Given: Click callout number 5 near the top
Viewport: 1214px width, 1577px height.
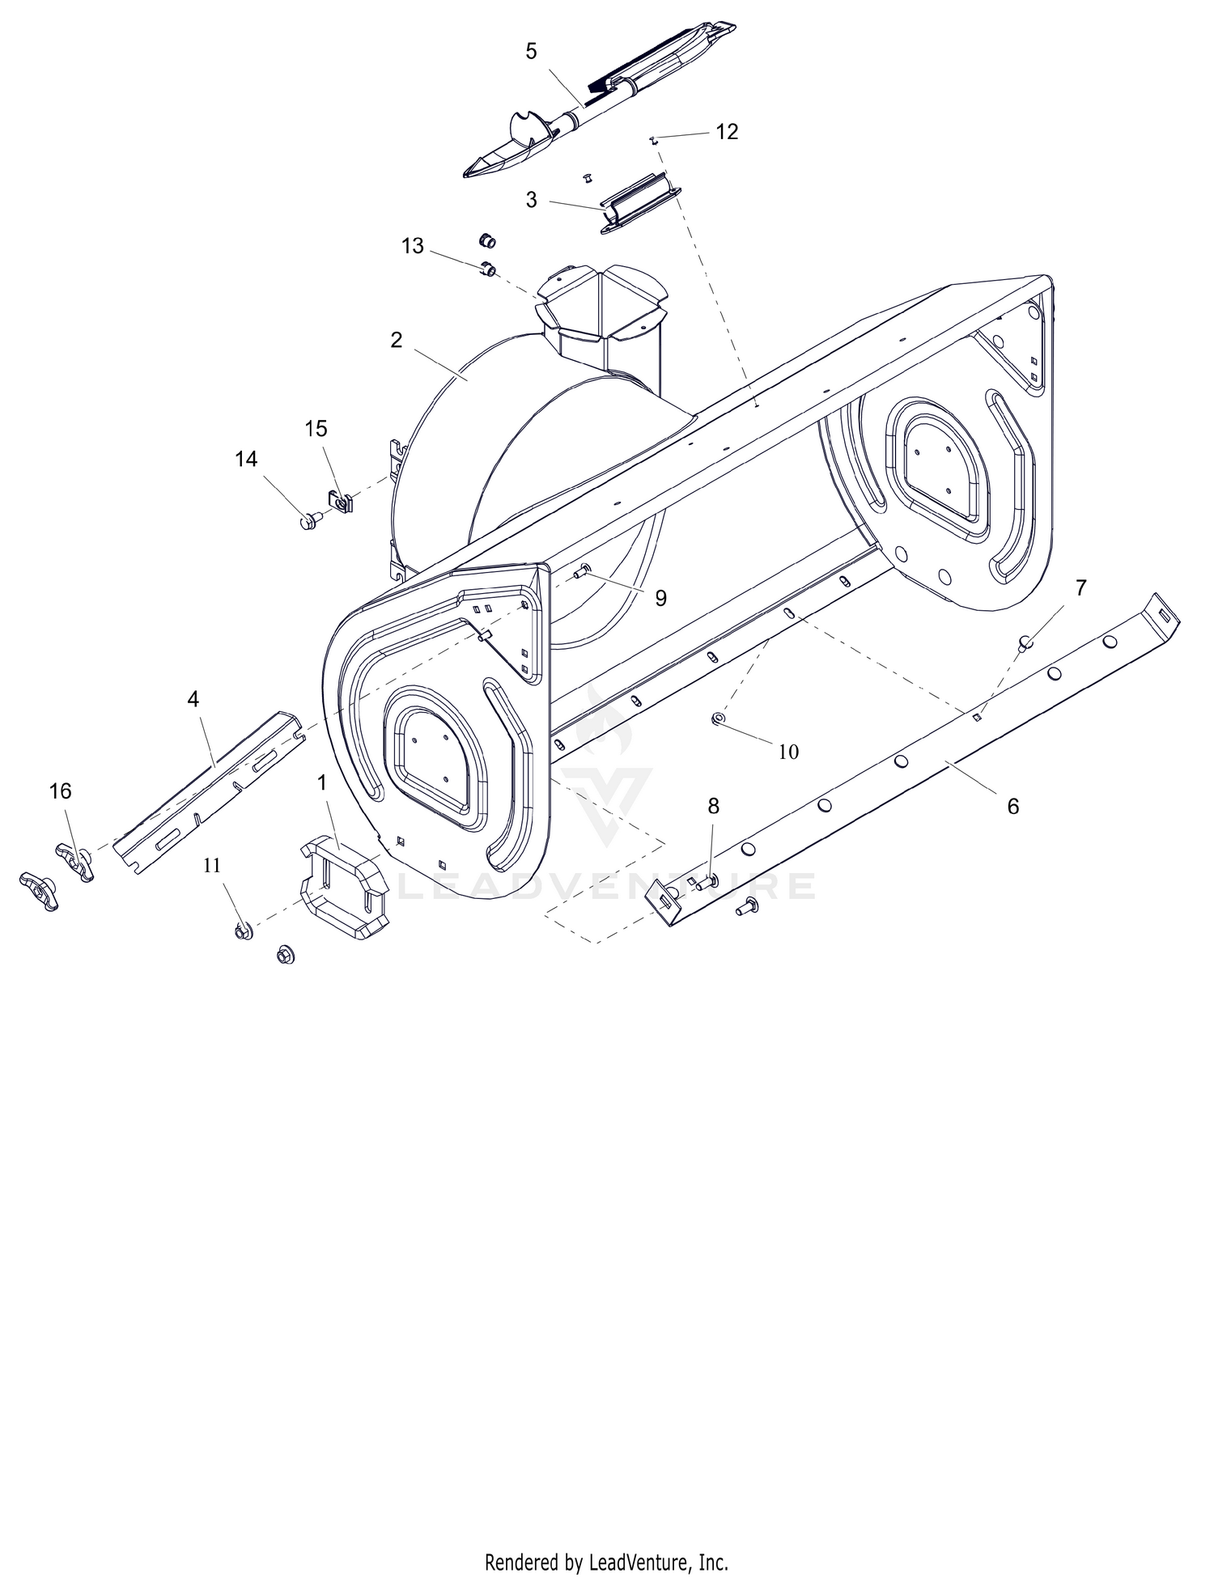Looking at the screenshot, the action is click(531, 51).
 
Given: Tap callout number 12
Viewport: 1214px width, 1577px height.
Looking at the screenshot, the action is click(727, 132).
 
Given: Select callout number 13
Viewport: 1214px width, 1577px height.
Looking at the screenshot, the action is click(413, 246).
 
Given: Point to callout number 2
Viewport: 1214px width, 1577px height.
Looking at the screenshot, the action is click(396, 340).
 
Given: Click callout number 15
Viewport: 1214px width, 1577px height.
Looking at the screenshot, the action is click(316, 428).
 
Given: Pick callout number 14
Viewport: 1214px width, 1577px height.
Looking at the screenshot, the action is click(246, 459).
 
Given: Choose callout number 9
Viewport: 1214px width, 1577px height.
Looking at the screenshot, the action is click(660, 598).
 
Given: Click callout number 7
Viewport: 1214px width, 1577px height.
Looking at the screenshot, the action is click(1081, 587).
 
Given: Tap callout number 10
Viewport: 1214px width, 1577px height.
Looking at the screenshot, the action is click(788, 752).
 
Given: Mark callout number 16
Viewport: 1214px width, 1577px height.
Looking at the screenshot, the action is click(61, 791).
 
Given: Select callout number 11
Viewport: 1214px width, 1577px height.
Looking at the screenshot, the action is click(211, 865).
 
